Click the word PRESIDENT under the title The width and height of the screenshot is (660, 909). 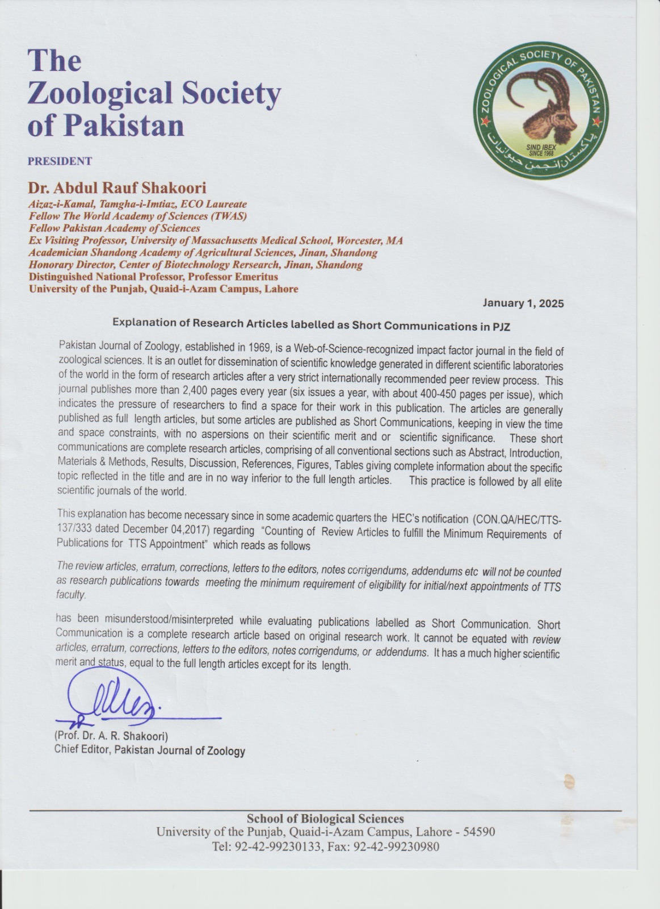click(x=60, y=161)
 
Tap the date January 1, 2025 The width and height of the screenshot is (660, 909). click(x=523, y=303)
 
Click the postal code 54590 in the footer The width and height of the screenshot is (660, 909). click(x=479, y=832)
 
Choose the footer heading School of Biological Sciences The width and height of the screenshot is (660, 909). click(x=325, y=819)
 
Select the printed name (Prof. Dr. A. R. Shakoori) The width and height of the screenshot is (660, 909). click(x=111, y=736)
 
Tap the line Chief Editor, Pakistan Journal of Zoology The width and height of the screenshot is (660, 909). click(x=149, y=750)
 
